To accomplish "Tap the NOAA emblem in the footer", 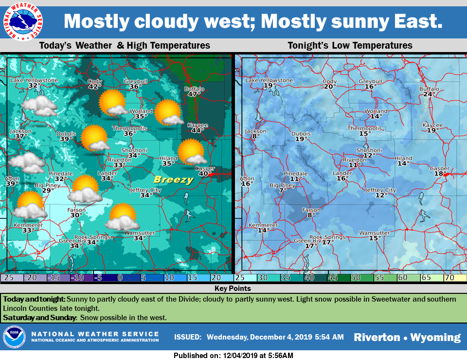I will pos(14,337).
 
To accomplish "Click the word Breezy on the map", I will pos(174,180).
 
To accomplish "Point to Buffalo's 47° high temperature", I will pos(194,94).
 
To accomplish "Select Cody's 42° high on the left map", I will pos(94,87).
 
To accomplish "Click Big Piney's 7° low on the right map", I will pos(283,190).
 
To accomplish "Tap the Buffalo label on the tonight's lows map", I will pos(429,89).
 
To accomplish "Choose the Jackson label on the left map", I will pos(20,131).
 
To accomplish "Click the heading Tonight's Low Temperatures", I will pos(350,46).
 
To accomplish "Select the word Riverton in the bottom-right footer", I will pos(376,337).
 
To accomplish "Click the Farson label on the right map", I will pos(311,210).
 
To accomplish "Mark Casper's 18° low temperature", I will pos(440,174).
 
